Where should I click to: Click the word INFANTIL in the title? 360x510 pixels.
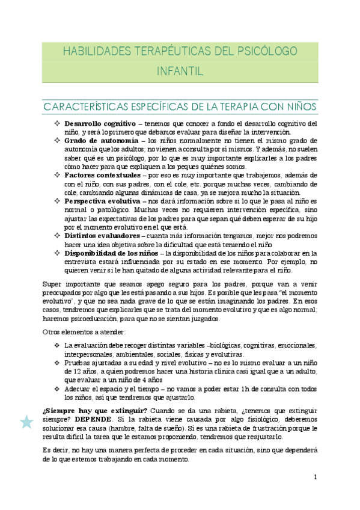click(x=180, y=72)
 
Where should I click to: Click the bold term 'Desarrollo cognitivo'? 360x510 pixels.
click(x=100, y=124)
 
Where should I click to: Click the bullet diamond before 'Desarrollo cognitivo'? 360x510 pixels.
click(x=57, y=124)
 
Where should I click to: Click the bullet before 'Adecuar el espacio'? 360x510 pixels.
click(x=57, y=389)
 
